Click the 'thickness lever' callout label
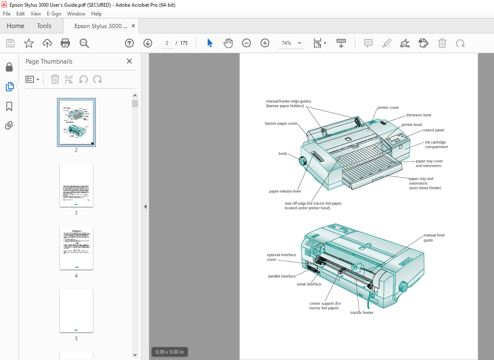418,115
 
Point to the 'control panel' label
433,130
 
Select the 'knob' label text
283,154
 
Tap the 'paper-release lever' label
285,191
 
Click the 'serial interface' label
309,284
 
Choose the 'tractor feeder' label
362,313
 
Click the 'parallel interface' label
282,276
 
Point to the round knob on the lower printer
403,287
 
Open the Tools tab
44,26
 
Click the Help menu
96,14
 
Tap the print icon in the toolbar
65,43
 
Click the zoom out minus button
247,43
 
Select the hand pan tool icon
228,43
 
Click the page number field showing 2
167,43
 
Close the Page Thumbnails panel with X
129,61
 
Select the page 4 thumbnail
76,248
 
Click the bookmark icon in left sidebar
9,106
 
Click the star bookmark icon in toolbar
28,43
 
